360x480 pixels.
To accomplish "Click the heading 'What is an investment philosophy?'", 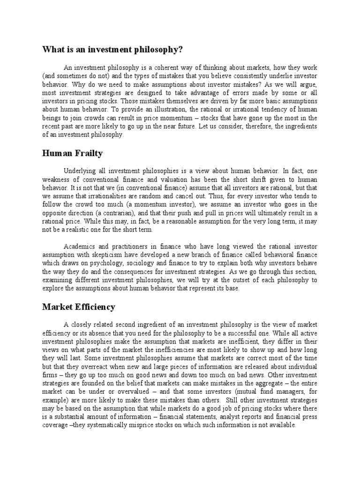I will click(x=112, y=50).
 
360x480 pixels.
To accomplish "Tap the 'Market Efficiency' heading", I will click(x=78, y=307).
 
